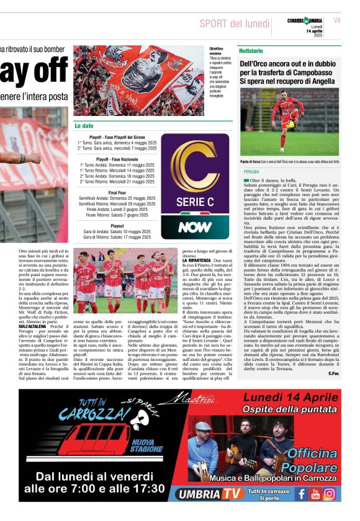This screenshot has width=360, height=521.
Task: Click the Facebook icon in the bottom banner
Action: click(x=302, y=494)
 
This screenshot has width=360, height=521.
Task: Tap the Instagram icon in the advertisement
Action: click(x=330, y=494)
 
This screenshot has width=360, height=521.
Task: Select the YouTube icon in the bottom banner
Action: click(x=315, y=494)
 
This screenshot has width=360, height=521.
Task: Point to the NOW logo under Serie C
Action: click(x=195, y=227)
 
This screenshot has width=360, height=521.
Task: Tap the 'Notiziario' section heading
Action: click(x=251, y=50)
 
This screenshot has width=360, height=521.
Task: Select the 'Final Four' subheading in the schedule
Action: click(x=117, y=193)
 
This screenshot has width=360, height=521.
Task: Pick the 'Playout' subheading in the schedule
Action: click(x=117, y=226)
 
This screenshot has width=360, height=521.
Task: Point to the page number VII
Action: click(x=337, y=20)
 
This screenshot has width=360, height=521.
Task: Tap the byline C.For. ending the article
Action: click(x=333, y=373)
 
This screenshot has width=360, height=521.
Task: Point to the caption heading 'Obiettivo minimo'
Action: click(x=217, y=51)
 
